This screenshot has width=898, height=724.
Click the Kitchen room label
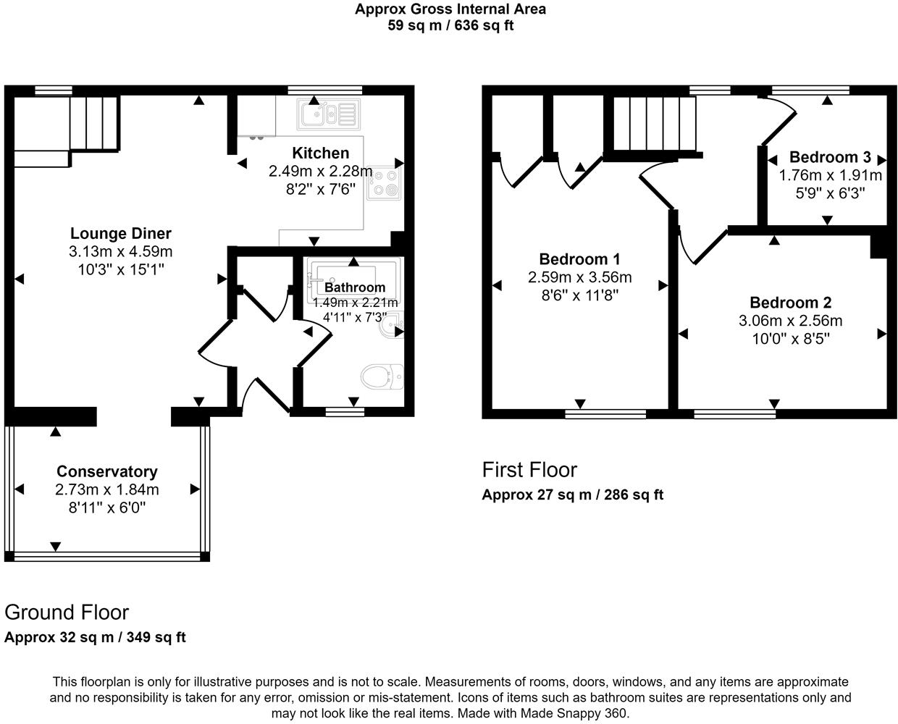pos(320,153)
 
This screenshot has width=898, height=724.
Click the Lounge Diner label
pos(121,233)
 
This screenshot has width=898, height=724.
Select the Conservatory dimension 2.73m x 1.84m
pos(107,489)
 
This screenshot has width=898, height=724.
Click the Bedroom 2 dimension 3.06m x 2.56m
pos(790,321)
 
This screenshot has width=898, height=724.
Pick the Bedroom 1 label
pos(579,259)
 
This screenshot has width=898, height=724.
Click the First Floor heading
pos(529,470)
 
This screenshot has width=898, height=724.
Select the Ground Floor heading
pos(67,613)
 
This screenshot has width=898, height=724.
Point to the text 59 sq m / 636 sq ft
pos(450,25)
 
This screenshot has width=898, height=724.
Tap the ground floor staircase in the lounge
pos(93,122)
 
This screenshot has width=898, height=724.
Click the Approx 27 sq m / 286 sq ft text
pos(572,495)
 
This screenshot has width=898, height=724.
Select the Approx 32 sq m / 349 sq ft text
pos(95,638)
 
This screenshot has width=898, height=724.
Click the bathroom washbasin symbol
pos(391,325)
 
